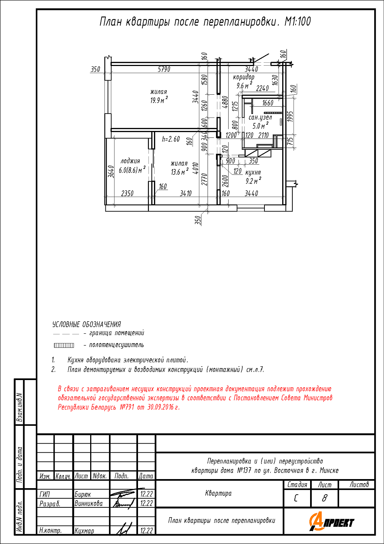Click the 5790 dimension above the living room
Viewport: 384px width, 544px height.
pyautogui.click(x=164, y=69)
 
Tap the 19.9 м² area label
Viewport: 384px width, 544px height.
pyautogui.click(x=159, y=100)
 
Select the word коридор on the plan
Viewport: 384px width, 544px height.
pyautogui.click(x=243, y=78)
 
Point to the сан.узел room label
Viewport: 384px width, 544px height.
pyautogui.click(x=260, y=118)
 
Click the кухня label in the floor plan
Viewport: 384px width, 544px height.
pyautogui.click(x=253, y=172)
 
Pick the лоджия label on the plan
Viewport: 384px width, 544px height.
pyautogui.click(x=130, y=161)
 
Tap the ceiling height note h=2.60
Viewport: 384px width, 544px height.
pyautogui.click(x=171, y=139)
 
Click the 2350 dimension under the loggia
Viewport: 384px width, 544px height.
pyautogui.click(x=128, y=193)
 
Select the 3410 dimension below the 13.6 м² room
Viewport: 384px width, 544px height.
pyautogui.click(x=186, y=193)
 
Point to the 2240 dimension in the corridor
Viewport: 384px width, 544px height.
pyautogui.click(x=263, y=88)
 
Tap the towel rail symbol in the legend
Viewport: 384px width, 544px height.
pyautogui.click(x=64, y=345)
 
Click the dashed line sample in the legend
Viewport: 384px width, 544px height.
pyautogui.click(x=66, y=334)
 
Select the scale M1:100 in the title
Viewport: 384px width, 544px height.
pyautogui.click(x=297, y=22)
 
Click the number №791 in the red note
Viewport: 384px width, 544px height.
pyautogui.click(x=127, y=407)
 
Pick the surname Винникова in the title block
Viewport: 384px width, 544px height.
pyautogui.click(x=88, y=503)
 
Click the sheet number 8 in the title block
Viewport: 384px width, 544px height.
pyautogui.click(x=325, y=498)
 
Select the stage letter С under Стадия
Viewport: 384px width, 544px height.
pyautogui.click(x=296, y=498)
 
